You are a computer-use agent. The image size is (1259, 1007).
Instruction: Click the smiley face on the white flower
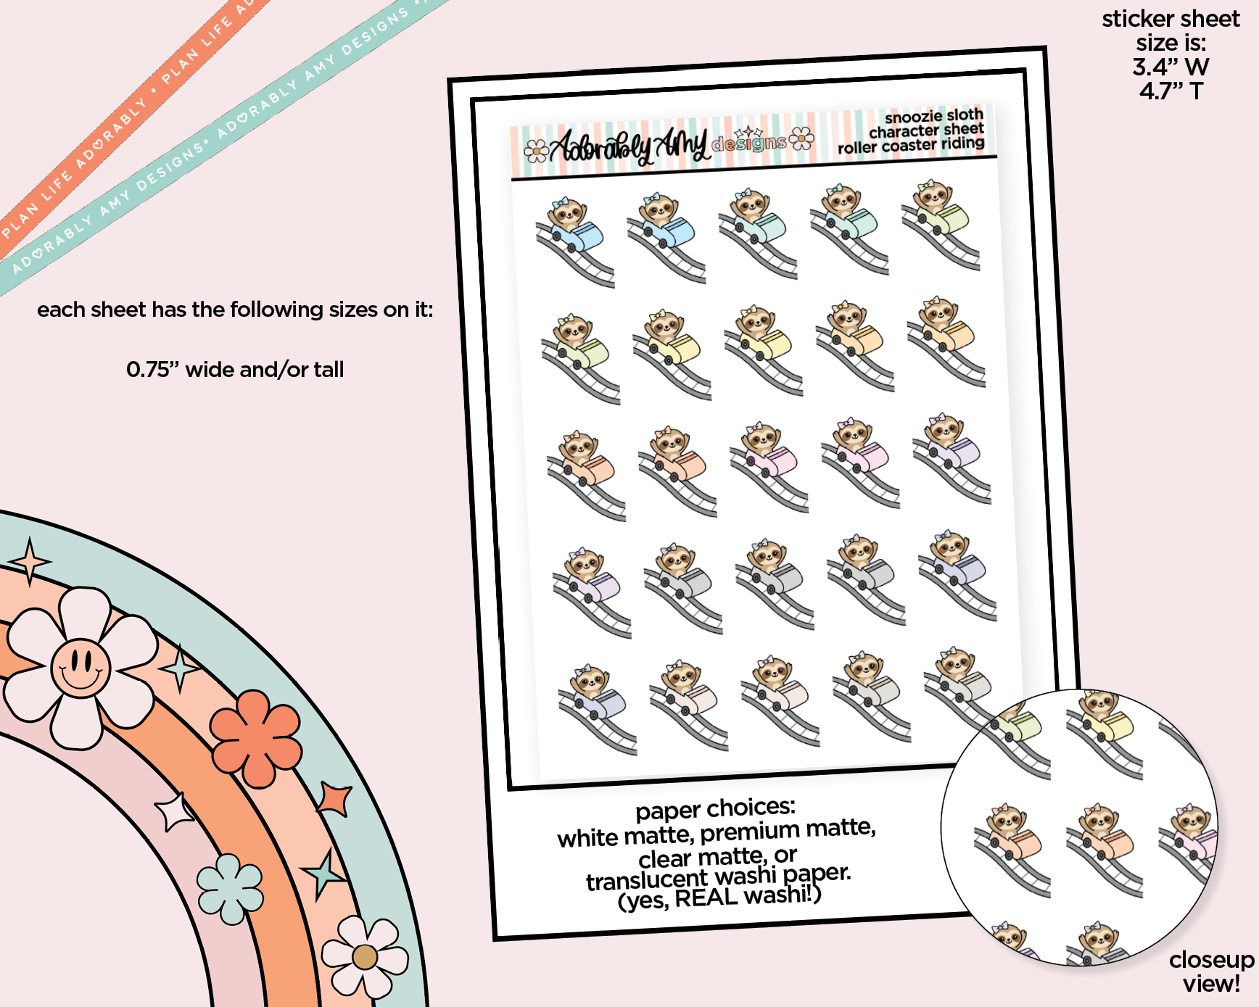[x=81, y=668]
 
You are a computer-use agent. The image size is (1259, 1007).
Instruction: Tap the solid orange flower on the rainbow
[x=255, y=738]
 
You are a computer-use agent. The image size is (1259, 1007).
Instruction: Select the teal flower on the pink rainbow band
[x=230, y=889]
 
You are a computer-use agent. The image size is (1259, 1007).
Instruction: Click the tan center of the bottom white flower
[x=365, y=957]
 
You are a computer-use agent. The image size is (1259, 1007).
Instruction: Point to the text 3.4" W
[x=1171, y=67]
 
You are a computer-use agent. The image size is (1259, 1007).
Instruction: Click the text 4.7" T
[x=1171, y=91]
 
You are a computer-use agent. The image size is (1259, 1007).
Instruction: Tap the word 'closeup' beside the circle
[x=1211, y=960]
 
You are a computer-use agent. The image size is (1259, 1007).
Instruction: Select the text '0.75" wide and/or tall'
[x=235, y=370]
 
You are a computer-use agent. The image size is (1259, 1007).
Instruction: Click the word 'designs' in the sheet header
[x=748, y=143]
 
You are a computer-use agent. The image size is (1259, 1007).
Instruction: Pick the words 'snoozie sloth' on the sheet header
[x=934, y=116]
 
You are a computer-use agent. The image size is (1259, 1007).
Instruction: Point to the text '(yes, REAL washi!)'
[x=719, y=898]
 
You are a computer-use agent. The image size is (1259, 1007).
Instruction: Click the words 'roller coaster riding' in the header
[x=911, y=146]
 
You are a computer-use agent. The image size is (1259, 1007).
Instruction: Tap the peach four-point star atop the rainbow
[x=29, y=561]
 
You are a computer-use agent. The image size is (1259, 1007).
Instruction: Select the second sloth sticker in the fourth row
[x=683, y=588]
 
